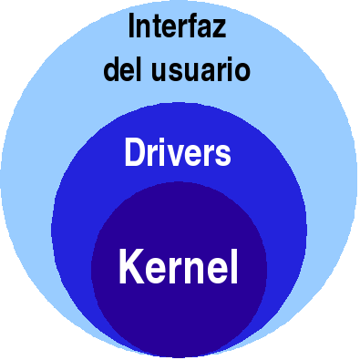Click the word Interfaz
click(177, 27)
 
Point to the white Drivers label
click(177, 152)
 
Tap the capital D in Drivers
click(132, 152)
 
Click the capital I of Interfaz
click(131, 27)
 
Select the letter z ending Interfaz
click(220, 30)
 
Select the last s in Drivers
click(223, 155)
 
